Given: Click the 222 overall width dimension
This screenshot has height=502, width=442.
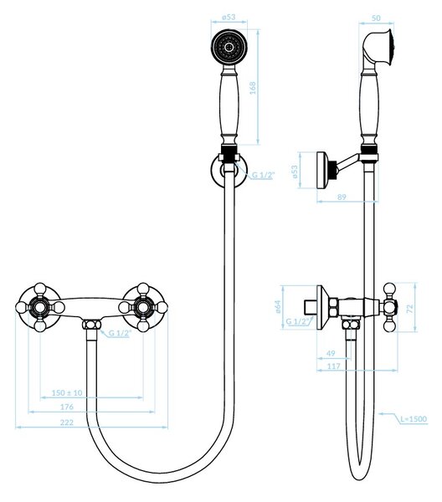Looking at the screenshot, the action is point(67,423).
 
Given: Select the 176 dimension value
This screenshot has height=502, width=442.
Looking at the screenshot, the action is point(67,407).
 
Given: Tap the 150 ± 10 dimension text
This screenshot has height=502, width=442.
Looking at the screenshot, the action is point(67,392).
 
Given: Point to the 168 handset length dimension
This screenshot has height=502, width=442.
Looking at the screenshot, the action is point(253,88).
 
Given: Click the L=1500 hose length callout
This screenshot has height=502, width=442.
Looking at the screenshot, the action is point(414,419).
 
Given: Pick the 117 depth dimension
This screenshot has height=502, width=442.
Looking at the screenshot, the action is point(334,366).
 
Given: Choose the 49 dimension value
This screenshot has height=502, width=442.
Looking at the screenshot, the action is point(331,353).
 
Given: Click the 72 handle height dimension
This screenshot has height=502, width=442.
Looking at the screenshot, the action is point(409,309).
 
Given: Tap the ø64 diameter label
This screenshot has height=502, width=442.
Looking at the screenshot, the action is point(278,306).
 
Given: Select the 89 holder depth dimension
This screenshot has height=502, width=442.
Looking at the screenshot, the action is point(342,197).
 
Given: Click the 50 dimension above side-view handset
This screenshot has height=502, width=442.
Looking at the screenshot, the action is point(377,18).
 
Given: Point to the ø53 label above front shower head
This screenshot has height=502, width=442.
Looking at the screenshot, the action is point(229,17).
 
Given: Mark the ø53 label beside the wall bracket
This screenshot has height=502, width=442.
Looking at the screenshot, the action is point(295,172).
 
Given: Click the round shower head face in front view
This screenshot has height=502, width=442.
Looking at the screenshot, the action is point(229,47).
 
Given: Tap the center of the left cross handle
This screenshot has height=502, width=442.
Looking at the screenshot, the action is point(40,308).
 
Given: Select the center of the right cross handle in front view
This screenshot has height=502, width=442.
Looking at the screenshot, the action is point(143,308).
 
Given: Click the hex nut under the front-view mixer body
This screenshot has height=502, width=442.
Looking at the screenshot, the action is point(91,325).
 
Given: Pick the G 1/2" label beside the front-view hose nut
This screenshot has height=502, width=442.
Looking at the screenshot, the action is point(120,333).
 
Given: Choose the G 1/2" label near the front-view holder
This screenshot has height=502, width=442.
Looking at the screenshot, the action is point(264,175).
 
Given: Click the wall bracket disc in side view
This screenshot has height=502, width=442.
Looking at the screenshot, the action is point(321,169).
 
